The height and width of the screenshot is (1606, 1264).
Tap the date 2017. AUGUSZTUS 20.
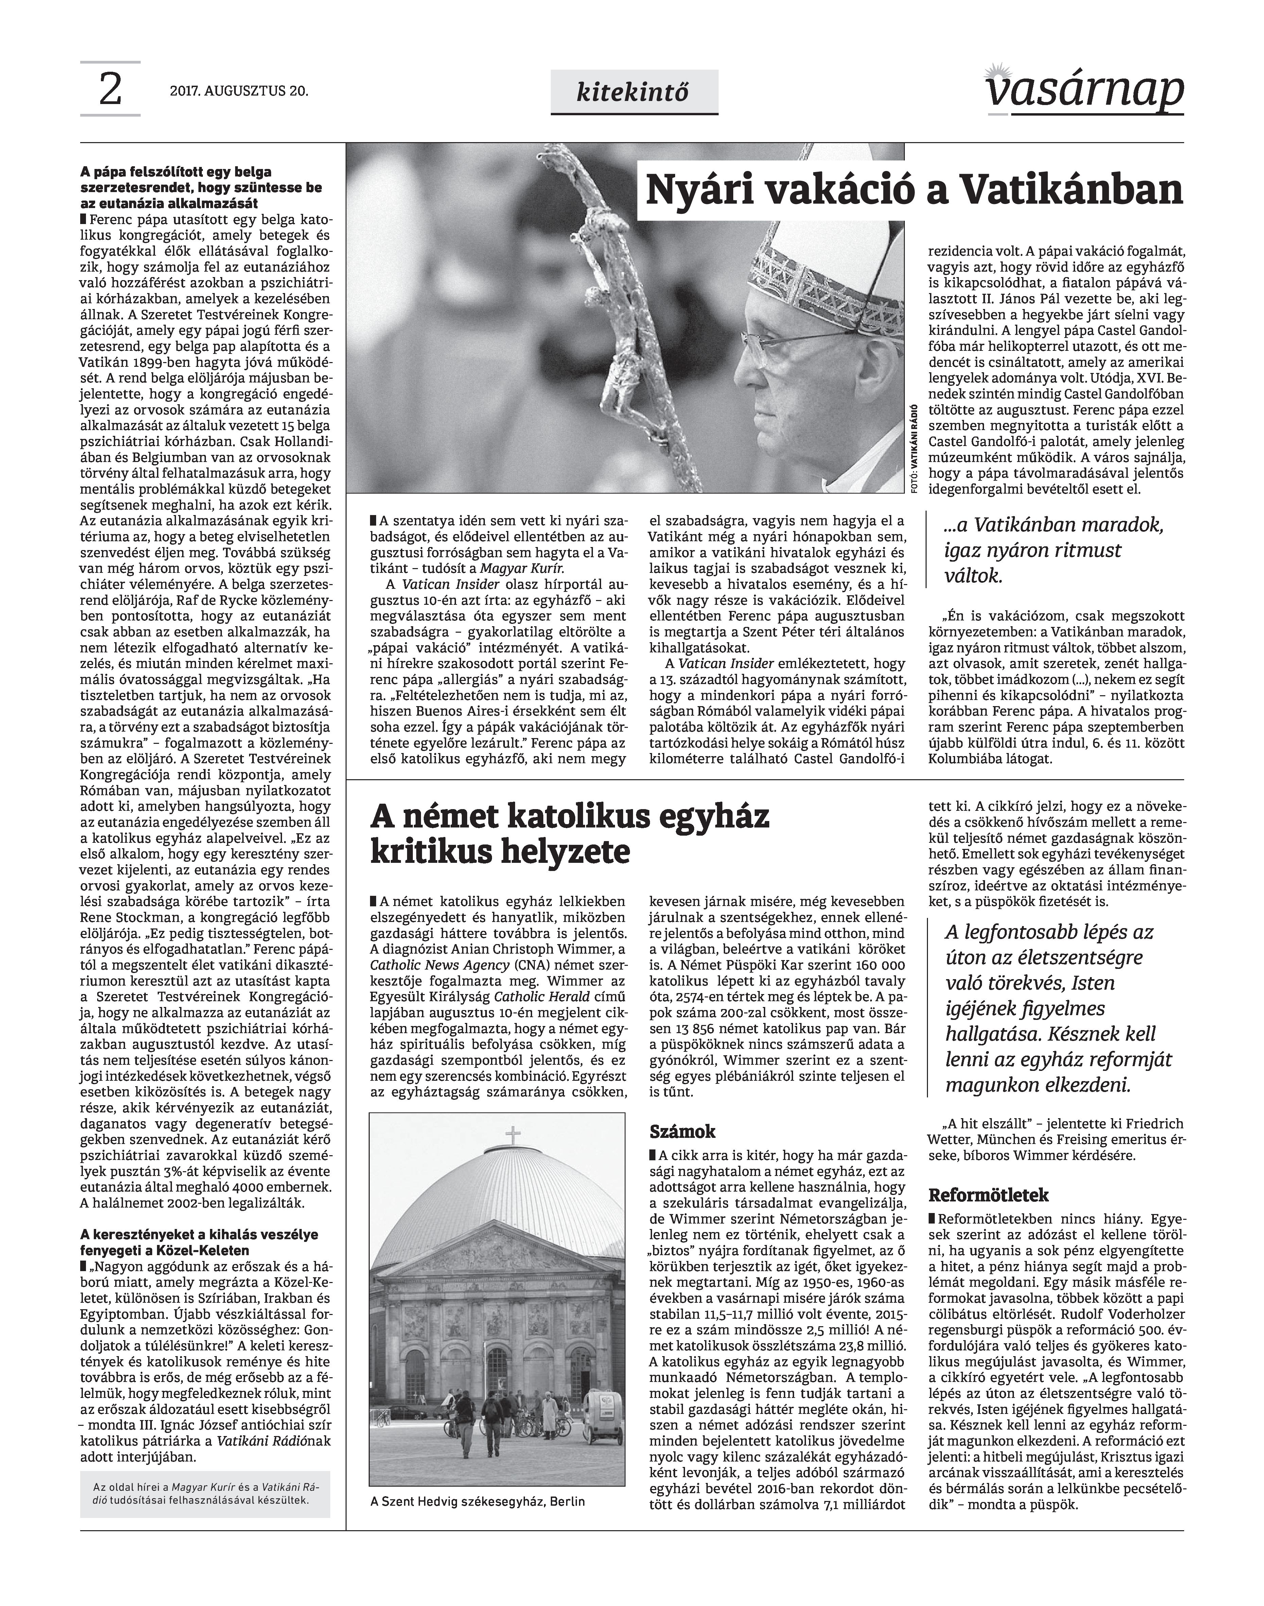click(x=238, y=92)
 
